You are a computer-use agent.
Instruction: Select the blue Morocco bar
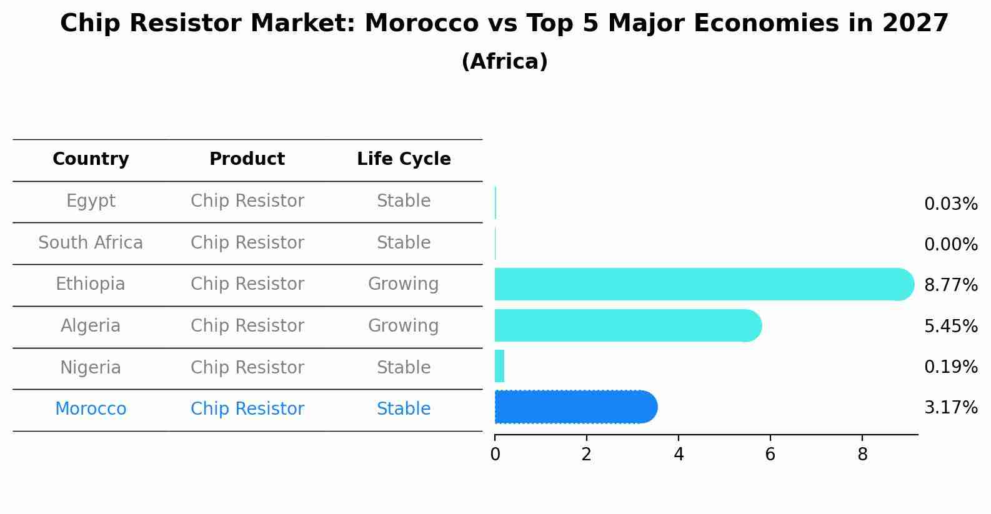coord(575,407)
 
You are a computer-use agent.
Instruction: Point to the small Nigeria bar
coord(499,366)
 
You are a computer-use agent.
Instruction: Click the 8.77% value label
coord(950,285)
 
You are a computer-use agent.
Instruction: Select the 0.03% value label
coord(950,204)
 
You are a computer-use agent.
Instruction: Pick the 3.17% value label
coord(950,408)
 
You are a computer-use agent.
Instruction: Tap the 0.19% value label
coord(950,367)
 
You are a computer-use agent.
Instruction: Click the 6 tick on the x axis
coord(770,455)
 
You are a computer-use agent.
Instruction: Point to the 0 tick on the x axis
coord(495,455)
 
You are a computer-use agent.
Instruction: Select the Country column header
coord(91,159)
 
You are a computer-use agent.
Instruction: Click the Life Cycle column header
coord(404,159)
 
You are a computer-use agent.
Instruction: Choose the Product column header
coord(247,159)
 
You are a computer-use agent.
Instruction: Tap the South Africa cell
coord(91,242)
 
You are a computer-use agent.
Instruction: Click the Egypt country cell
coord(91,201)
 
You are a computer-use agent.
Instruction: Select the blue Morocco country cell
coord(91,409)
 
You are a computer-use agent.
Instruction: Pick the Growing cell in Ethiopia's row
coord(403,284)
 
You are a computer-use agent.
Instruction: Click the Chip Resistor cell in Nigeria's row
coord(247,367)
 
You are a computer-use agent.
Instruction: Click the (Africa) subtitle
coord(504,62)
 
